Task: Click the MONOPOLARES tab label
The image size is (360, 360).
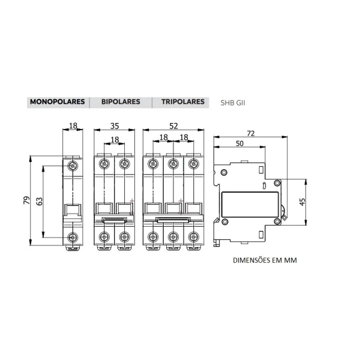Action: tap(57, 102)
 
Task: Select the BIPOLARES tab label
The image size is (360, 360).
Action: tap(121, 102)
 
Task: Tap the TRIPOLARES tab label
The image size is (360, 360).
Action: tap(182, 102)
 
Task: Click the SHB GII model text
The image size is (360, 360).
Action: tap(233, 103)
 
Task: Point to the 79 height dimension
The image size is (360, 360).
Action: tap(27, 200)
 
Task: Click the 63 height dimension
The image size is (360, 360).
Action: tap(40, 200)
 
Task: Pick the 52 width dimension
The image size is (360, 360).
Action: tap(173, 127)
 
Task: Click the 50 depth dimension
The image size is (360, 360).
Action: tap(239, 144)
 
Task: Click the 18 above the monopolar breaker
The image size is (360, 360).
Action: tap(73, 127)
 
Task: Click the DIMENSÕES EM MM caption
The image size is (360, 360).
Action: tap(265, 261)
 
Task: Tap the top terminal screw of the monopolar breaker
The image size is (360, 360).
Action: tap(73, 165)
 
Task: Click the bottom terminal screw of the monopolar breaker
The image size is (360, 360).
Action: tap(73, 237)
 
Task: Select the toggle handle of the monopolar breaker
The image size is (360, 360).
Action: tap(73, 210)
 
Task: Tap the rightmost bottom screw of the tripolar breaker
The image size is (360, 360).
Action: tap(193, 236)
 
